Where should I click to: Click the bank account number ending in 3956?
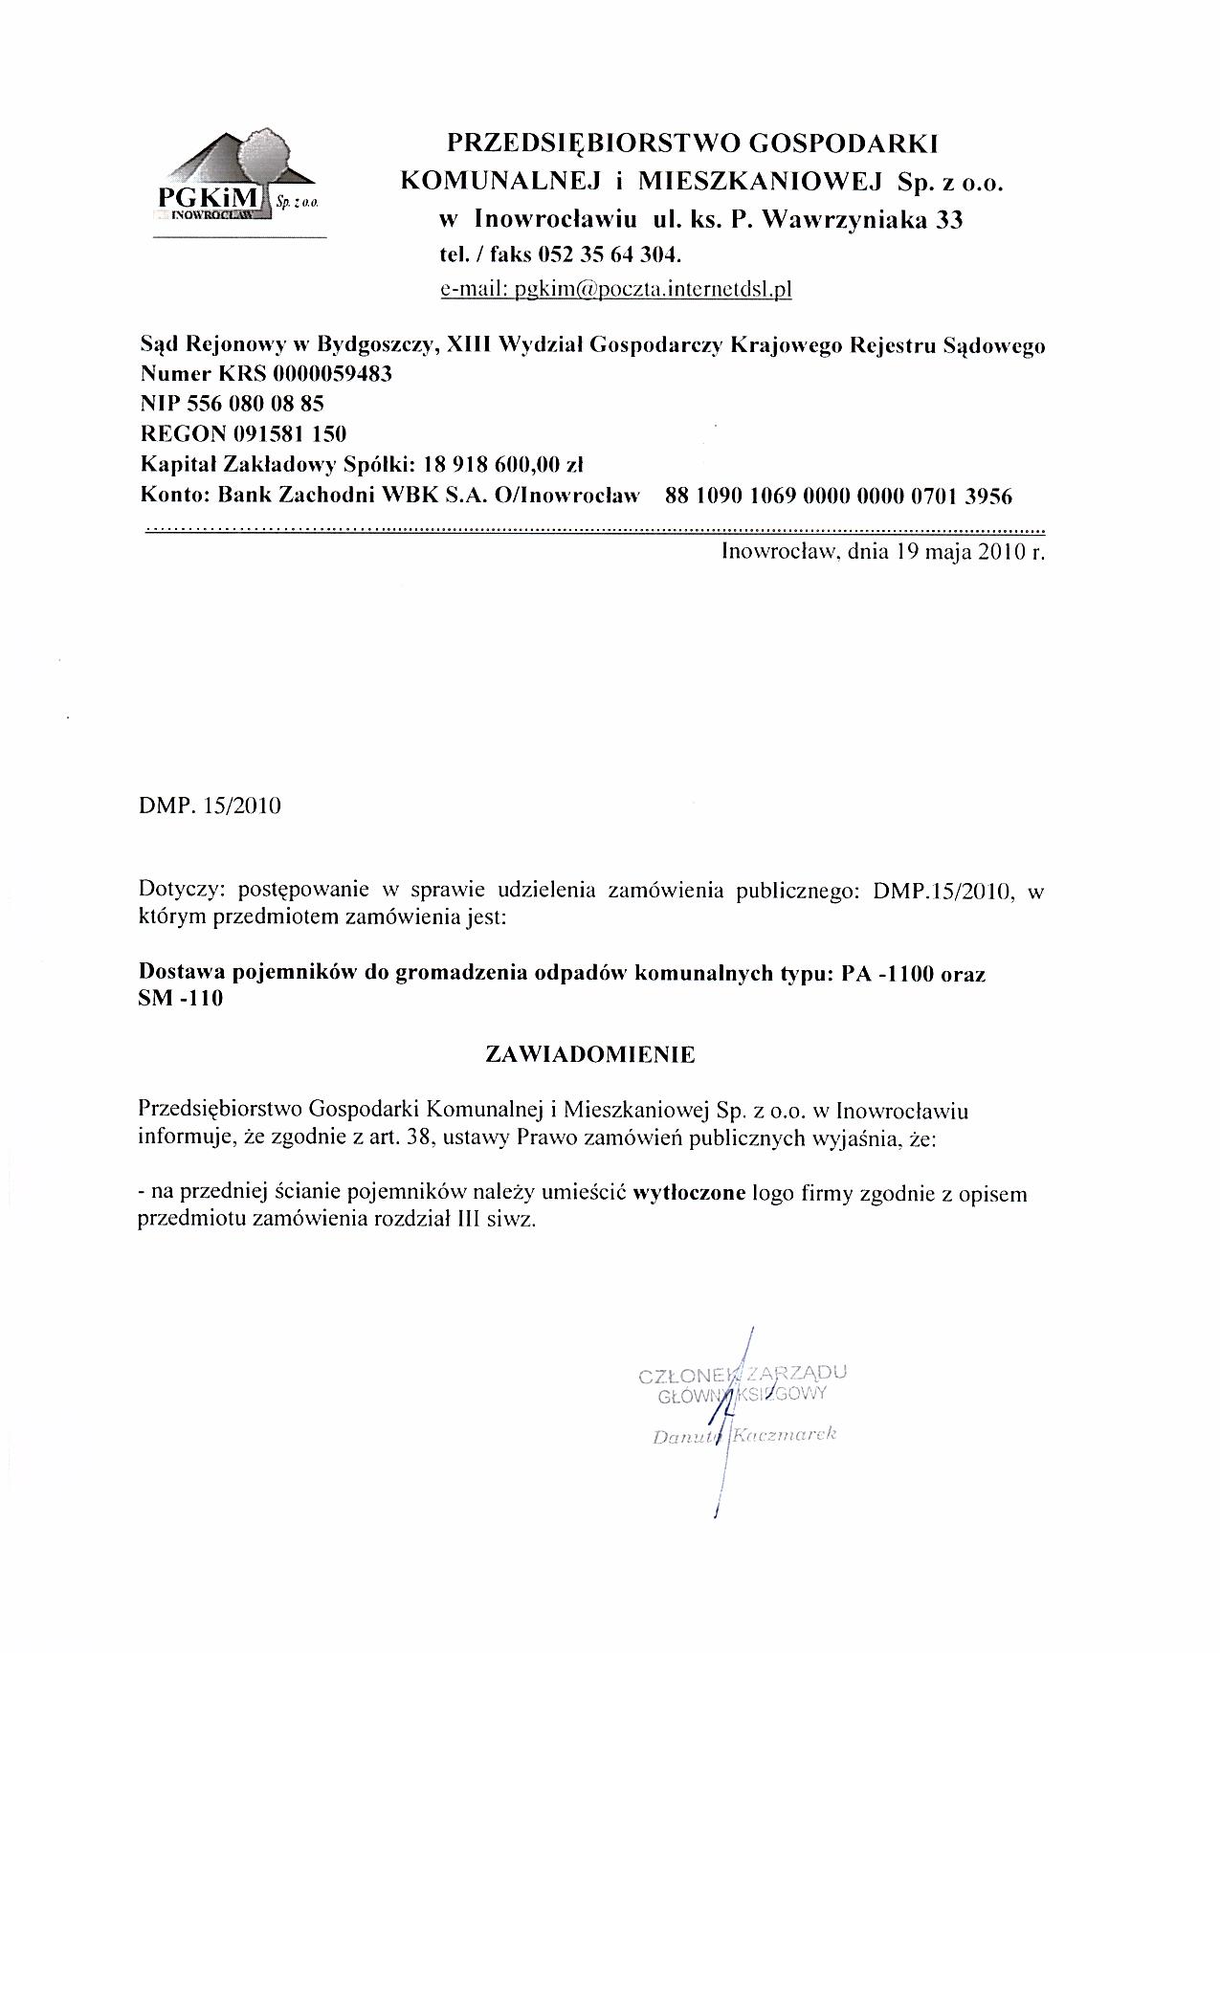(838, 496)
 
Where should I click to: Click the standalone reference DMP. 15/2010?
(211, 806)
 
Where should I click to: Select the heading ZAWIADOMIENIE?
(590, 1054)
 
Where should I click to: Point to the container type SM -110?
(181, 1001)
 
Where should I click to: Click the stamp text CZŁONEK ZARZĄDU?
(742, 1375)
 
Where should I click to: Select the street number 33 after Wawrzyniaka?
(948, 220)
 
